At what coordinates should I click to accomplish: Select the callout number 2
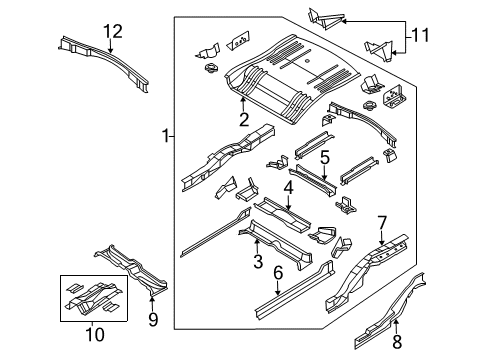coord(243,120)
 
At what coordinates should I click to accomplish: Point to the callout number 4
coord(288,187)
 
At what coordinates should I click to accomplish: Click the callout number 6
coord(279,271)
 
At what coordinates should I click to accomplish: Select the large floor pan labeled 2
coord(290,75)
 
